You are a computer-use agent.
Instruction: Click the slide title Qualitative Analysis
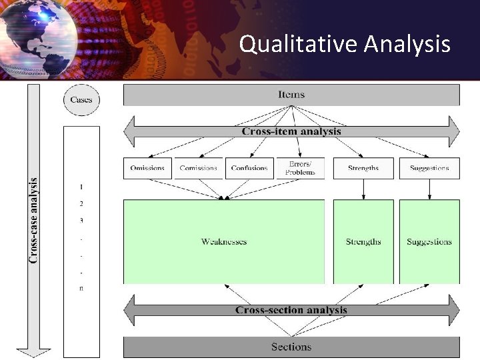coord(345,44)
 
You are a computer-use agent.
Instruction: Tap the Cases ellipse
coord(81,101)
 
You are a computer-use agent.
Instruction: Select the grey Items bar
coord(291,95)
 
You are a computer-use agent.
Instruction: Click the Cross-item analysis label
coord(291,131)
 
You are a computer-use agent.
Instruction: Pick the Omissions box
coord(147,168)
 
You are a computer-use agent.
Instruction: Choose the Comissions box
coord(198,168)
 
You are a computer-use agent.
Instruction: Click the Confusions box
coord(249,168)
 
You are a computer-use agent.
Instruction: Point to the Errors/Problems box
coord(300,168)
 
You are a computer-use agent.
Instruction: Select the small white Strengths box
coord(363,168)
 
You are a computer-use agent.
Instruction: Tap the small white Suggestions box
coord(429,168)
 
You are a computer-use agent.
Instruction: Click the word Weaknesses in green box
coord(224,242)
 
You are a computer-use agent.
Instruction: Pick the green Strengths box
coord(363,242)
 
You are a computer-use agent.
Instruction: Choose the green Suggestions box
coord(429,242)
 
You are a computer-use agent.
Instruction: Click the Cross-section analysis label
coord(291,310)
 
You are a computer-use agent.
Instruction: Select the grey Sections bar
coord(291,347)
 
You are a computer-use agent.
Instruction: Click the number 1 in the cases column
coord(81,187)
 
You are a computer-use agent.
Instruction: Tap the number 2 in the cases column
coord(81,203)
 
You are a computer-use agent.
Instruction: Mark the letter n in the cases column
coord(81,288)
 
